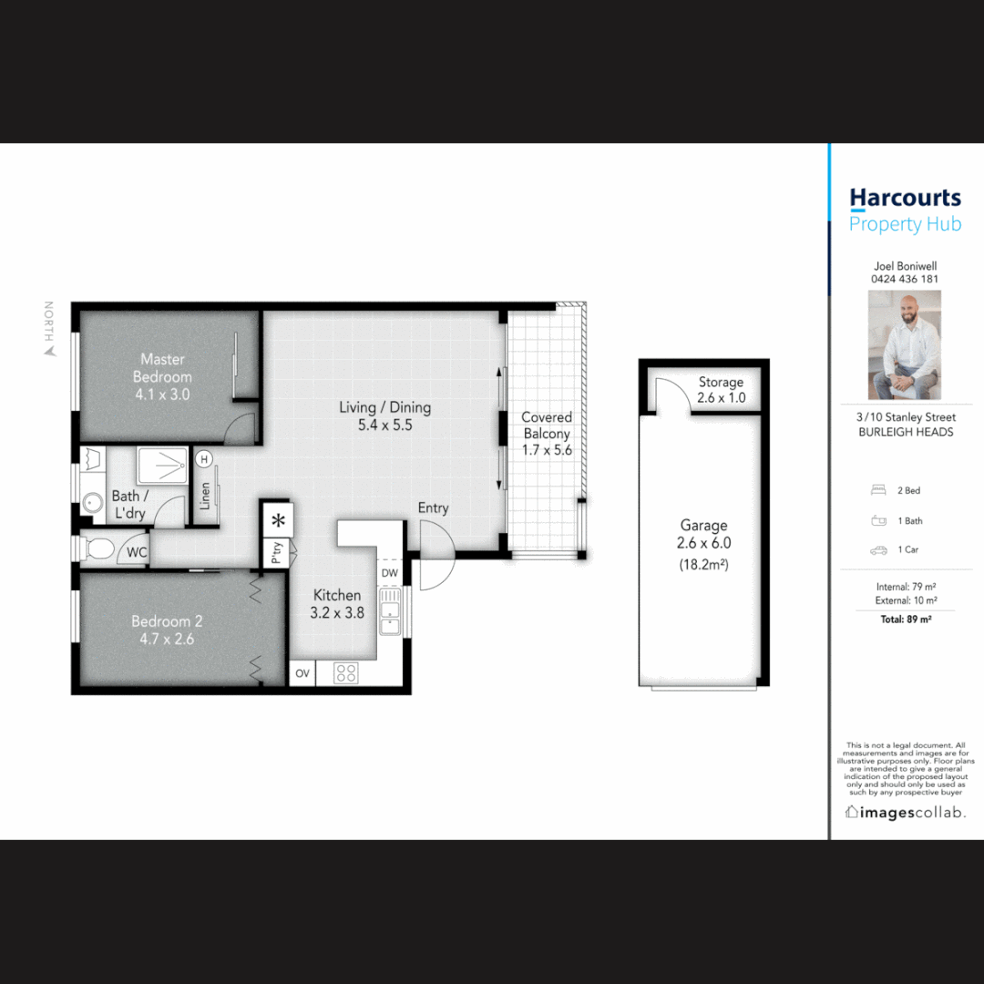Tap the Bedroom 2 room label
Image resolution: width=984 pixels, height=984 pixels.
(167, 630)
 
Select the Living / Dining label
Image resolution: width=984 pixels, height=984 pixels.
(384, 415)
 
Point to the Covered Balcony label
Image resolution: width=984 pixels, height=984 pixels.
(547, 433)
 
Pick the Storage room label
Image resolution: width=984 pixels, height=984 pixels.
(722, 390)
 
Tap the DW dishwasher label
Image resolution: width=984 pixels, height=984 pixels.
(390, 573)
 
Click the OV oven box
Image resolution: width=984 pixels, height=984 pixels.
(303, 674)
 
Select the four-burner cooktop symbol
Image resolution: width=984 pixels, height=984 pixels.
(346, 673)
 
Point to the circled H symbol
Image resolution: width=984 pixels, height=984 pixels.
(204, 459)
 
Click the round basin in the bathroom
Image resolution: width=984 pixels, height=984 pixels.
(91, 502)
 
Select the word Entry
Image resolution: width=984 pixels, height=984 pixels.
(433, 507)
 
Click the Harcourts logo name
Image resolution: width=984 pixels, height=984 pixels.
(905, 199)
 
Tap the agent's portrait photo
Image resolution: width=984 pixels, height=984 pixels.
(904, 344)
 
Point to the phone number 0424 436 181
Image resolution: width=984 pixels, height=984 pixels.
(905, 279)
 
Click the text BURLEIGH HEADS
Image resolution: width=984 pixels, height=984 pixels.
(906, 432)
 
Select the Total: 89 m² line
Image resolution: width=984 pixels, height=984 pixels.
(905, 620)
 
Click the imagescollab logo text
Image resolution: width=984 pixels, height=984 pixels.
(906, 812)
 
